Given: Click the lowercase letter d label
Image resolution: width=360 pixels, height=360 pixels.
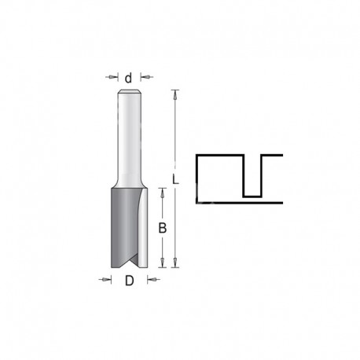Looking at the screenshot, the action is (x=128, y=78).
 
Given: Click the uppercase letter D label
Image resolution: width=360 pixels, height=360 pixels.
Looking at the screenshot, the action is (x=129, y=281).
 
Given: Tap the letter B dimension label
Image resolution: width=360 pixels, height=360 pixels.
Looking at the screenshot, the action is (x=163, y=228).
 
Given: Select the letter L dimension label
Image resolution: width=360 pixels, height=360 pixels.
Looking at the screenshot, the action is (x=175, y=179).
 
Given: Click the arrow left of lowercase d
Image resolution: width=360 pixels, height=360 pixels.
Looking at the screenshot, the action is (x=112, y=77).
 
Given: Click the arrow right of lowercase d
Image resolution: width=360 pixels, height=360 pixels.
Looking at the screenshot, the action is (x=147, y=77).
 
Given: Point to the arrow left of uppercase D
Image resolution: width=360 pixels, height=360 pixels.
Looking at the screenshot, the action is (x=105, y=280).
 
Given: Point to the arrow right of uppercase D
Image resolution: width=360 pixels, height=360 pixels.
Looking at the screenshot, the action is (x=153, y=280).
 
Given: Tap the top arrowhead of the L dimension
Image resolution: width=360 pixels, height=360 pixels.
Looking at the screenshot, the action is (x=175, y=95).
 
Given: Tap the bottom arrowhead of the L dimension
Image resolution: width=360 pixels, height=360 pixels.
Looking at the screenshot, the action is (x=175, y=263).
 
